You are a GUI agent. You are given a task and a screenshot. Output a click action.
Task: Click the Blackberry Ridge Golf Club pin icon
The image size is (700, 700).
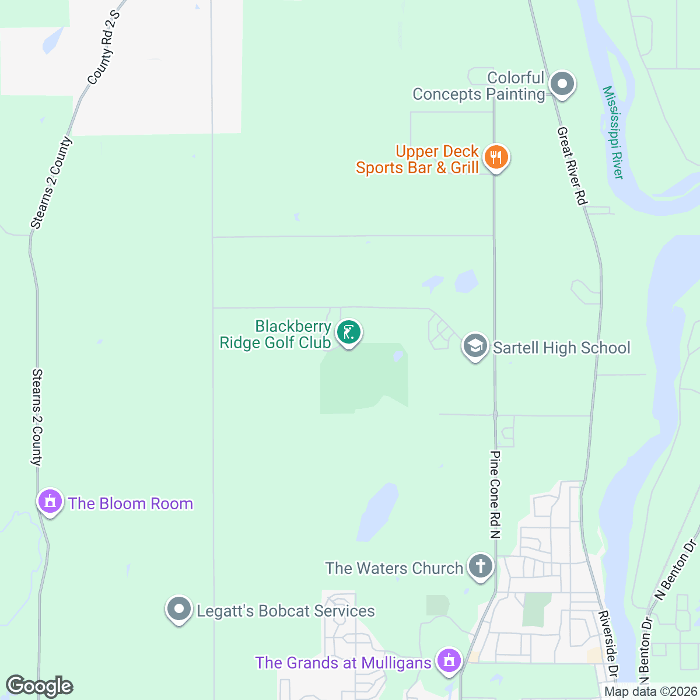click(x=349, y=332)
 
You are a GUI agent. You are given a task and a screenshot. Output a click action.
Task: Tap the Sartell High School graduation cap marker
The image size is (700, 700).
click(x=475, y=346)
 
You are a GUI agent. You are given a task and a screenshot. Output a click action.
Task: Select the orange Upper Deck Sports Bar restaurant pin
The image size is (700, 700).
click(x=496, y=157)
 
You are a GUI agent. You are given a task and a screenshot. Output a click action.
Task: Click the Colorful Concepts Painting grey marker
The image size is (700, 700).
click(x=562, y=84)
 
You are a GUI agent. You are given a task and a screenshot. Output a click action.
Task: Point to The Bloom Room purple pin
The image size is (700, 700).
click(x=50, y=501)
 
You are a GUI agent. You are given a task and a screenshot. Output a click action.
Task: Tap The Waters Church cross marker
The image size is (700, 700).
click(x=481, y=566)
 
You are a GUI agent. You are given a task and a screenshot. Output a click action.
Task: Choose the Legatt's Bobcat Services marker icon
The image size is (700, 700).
click(x=179, y=610)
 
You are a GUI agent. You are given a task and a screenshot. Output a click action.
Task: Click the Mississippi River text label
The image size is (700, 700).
click(x=613, y=133)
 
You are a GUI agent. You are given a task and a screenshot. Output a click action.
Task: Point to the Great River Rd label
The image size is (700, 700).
click(x=571, y=166)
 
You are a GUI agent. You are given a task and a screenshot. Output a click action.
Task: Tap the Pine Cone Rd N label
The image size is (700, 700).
click(x=495, y=494)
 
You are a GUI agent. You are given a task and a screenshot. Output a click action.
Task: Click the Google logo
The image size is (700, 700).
click(x=40, y=686)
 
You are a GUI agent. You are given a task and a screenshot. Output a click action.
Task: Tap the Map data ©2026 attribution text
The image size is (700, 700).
click(x=650, y=692)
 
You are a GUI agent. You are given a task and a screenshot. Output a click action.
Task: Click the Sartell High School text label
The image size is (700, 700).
click(x=562, y=348)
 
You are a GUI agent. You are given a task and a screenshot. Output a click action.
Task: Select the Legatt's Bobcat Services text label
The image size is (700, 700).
click(x=286, y=611)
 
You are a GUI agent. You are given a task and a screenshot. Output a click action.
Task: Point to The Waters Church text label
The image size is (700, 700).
click(x=394, y=568)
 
